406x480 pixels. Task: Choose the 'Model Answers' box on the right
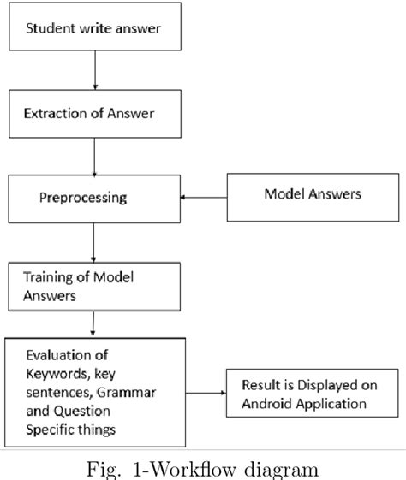pyautogui.click(x=311, y=194)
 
